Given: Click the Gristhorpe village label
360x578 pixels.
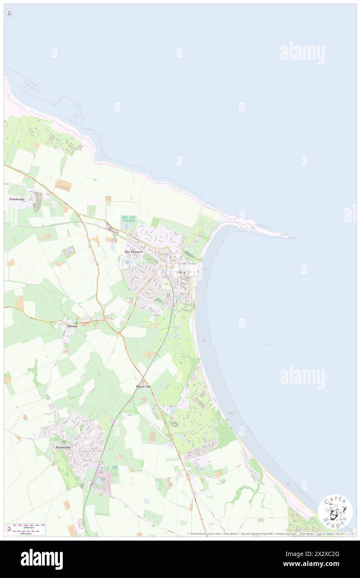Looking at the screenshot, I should (x=17, y=199).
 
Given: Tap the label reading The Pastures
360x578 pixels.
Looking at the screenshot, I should (x=133, y=252).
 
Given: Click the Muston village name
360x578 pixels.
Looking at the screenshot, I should (x=72, y=326).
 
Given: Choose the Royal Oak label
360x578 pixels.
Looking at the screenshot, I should (x=144, y=387).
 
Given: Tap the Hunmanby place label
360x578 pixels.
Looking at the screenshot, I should (x=64, y=447).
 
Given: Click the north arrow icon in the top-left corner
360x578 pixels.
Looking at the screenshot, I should (x=9, y=13).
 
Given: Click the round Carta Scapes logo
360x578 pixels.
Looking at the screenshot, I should (x=335, y=511).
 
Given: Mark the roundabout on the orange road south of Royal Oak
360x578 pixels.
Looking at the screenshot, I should (x=187, y=478).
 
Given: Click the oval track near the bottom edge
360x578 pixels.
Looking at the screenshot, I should (x=81, y=525).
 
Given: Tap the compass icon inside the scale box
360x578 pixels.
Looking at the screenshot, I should (x=10, y=529).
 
